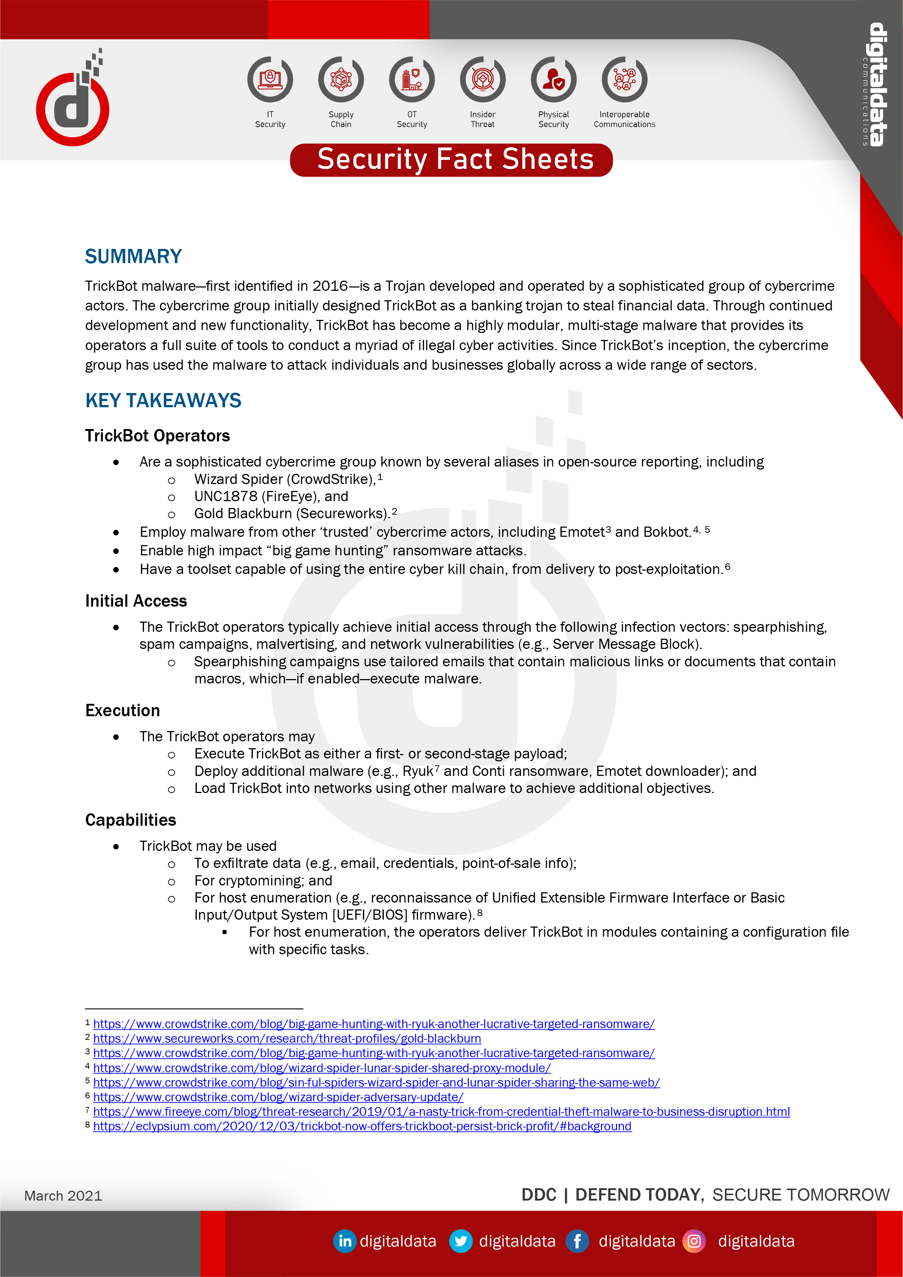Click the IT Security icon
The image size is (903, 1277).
[x=270, y=80]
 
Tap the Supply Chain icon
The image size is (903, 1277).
[x=341, y=80]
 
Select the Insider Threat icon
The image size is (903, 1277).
[x=483, y=80]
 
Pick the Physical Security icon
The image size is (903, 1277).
[x=554, y=80]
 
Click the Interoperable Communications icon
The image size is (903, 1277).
[x=624, y=80]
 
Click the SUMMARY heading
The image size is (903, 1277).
[x=134, y=257]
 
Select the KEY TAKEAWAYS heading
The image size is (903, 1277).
[x=163, y=400]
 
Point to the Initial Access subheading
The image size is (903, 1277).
[x=136, y=601]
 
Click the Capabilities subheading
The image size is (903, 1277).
[x=131, y=820]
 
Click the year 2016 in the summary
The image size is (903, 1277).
[x=330, y=286]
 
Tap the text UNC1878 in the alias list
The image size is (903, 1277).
[x=226, y=496]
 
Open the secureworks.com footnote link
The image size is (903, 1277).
[x=287, y=1038]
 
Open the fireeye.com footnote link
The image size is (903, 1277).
[x=441, y=1111]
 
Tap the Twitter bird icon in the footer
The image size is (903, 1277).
[x=460, y=1241]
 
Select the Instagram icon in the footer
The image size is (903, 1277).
[x=694, y=1241]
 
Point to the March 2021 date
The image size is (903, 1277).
[x=63, y=1196]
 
